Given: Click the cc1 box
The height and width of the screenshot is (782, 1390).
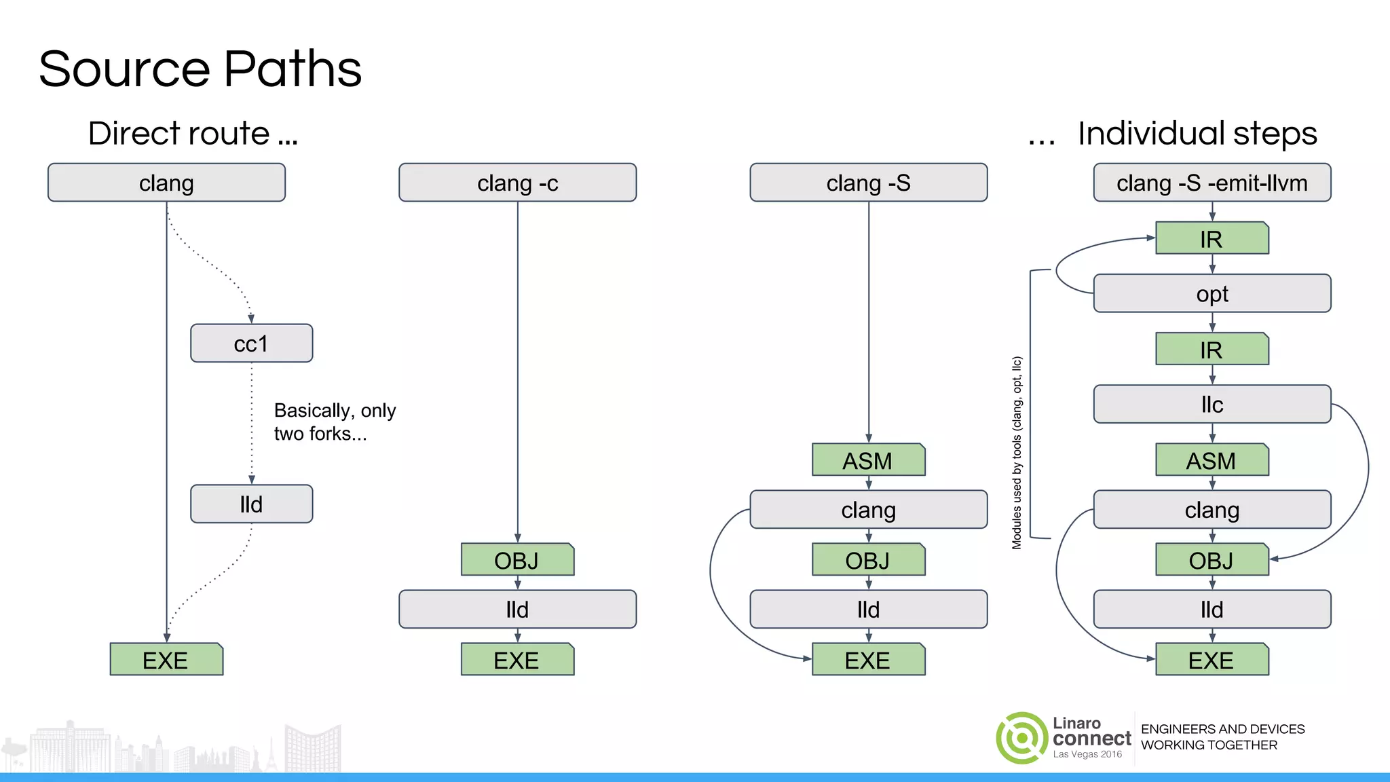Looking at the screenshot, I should (251, 343).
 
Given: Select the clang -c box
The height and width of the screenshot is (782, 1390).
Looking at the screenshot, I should (517, 183).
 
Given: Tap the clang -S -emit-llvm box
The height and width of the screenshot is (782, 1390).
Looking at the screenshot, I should (1211, 183).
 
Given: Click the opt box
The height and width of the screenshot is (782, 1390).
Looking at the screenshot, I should (1211, 294).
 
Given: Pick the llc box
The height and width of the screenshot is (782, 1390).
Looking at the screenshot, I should (1211, 405).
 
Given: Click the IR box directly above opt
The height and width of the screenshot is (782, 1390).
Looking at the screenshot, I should (1211, 239).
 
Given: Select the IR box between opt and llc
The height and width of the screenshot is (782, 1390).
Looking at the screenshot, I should (1211, 350).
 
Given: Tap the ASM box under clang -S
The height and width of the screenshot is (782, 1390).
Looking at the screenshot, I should (867, 460).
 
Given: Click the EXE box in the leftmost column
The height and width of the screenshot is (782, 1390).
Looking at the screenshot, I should (166, 660).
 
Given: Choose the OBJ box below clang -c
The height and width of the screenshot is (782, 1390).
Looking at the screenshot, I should (516, 560).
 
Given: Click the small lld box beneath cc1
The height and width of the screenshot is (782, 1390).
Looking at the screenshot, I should (251, 504).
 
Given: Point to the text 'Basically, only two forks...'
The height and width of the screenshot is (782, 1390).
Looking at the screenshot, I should (334, 422).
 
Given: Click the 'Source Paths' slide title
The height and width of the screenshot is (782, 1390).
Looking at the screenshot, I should (200, 69).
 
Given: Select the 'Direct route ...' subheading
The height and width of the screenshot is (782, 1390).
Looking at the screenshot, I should (193, 133).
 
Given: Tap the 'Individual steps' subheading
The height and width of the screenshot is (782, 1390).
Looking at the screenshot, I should (1197, 133).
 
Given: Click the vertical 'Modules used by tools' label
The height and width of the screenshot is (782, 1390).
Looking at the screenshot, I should (1017, 453).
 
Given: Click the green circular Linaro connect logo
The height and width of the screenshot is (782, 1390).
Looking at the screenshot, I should (1021, 738).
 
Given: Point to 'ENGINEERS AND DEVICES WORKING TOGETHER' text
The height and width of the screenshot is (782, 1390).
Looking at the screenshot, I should (1222, 737).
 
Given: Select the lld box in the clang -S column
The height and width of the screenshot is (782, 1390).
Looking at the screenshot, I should (868, 610).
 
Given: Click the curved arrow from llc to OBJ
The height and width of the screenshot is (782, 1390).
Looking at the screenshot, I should (1368, 468).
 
